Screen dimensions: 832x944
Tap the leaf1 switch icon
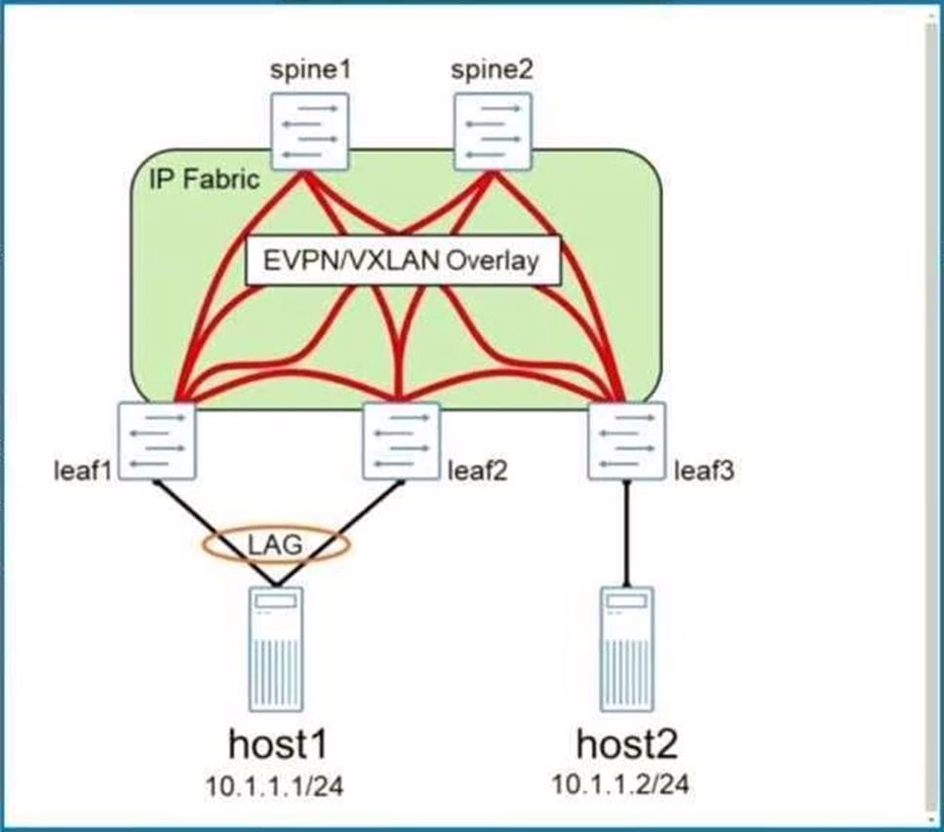pos(157,440)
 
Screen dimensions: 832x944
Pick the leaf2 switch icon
pos(400,440)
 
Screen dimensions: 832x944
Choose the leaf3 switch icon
pos(626,440)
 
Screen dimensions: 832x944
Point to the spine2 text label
pos(492,71)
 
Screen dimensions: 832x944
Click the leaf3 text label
pos(702,473)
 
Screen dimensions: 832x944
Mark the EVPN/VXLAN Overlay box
pos(404,261)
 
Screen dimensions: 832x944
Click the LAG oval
pos(277,547)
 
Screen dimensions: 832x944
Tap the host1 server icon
pos(276,651)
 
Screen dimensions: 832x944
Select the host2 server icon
pos(626,651)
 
